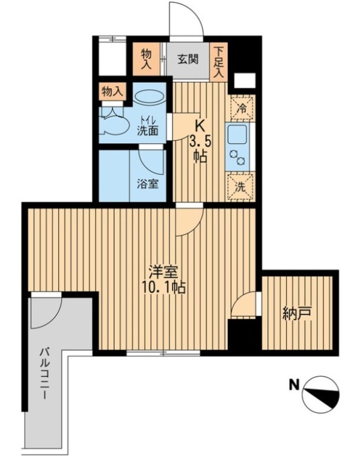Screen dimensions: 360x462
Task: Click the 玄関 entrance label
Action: coord(187,59)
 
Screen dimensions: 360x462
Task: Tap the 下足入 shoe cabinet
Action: coord(218,62)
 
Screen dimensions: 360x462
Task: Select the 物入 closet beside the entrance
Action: coord(147,60)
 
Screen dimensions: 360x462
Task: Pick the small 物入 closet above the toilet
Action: coord(112,92)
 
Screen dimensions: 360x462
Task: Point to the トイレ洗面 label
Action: coord(148,126)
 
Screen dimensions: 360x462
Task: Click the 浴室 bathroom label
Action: coord(148,184)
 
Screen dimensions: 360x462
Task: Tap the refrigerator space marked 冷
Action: coord(242,108)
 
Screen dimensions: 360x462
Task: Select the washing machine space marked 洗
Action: coord(241,187)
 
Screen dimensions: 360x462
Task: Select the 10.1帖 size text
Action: coord(164,288)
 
